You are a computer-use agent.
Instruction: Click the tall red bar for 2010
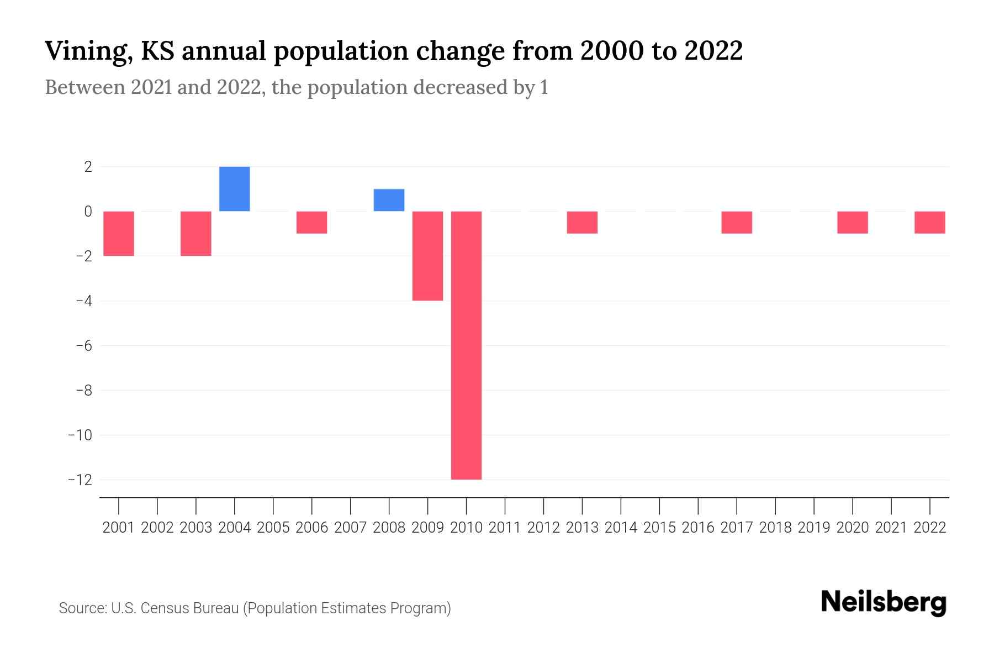[466, 345]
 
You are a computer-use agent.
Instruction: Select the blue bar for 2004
[235, 189]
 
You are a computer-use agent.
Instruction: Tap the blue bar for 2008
[389, 200]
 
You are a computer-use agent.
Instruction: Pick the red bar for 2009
[428, 256]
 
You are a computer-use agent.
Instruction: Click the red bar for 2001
[119, 233]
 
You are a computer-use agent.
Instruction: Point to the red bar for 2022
[930, 222]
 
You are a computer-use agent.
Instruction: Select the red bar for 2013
[582, 222]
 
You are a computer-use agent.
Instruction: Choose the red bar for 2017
[737, 222]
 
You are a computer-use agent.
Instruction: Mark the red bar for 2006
[312, 222]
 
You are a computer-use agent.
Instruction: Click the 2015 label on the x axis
[659, 528]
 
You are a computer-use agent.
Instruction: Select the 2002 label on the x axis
[157, 528]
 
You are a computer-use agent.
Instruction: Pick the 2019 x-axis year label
[814, 528]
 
